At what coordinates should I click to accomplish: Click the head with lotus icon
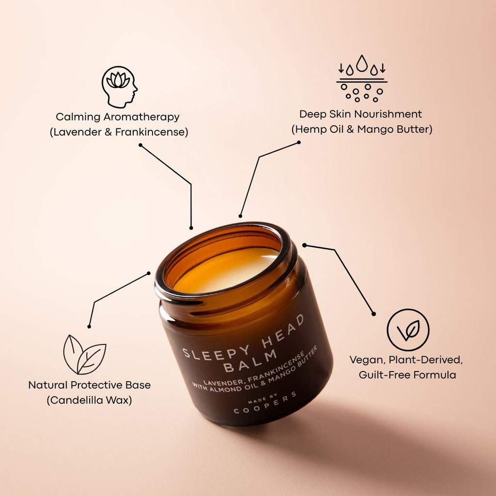pyautogui.click(x=119, y=87)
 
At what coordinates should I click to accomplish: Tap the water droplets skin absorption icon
pyautogui.click(x=361, y=78)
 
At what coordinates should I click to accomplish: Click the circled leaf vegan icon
pyautogui.click(x=408, y=330)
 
